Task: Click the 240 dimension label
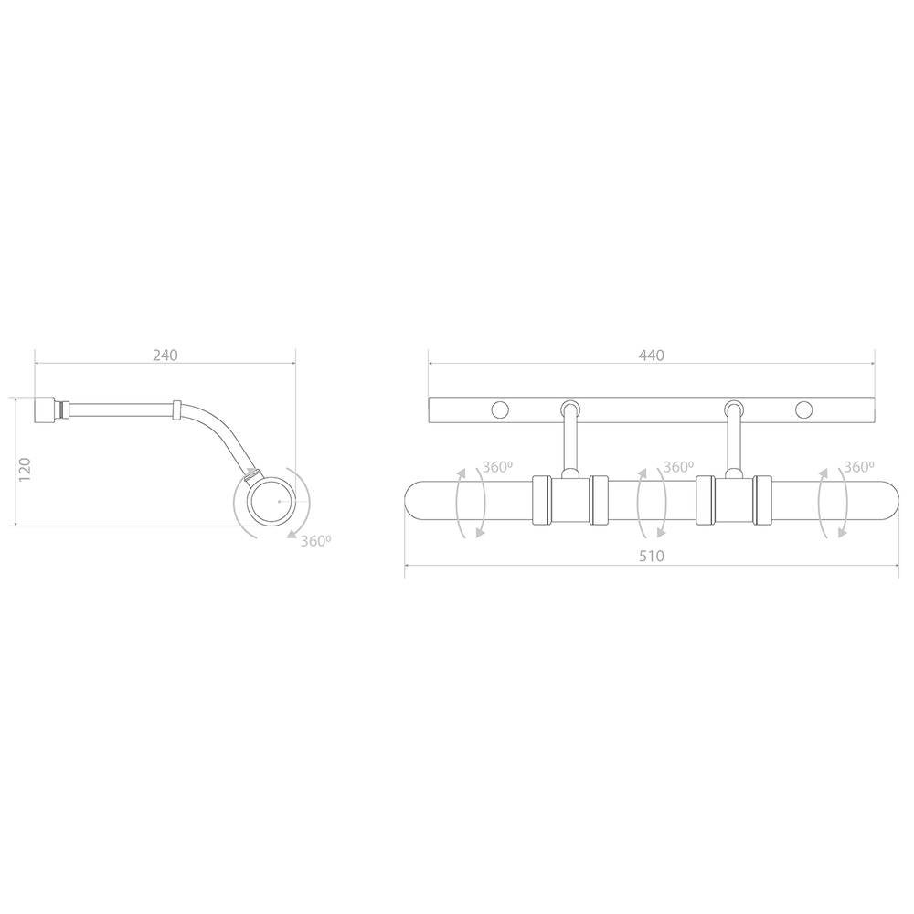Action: click(165, 355)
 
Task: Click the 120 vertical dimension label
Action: click(25, 469)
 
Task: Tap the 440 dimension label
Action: click(651, 355)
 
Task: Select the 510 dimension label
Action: click(651, 556)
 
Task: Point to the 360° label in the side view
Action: click(316, 541)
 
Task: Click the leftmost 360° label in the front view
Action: click(497, 467)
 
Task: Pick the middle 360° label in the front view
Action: click(678, 467)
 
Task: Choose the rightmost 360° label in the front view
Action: click(859, 467)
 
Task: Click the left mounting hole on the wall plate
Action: click(500, 410)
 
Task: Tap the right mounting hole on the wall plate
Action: click(804, 410)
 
